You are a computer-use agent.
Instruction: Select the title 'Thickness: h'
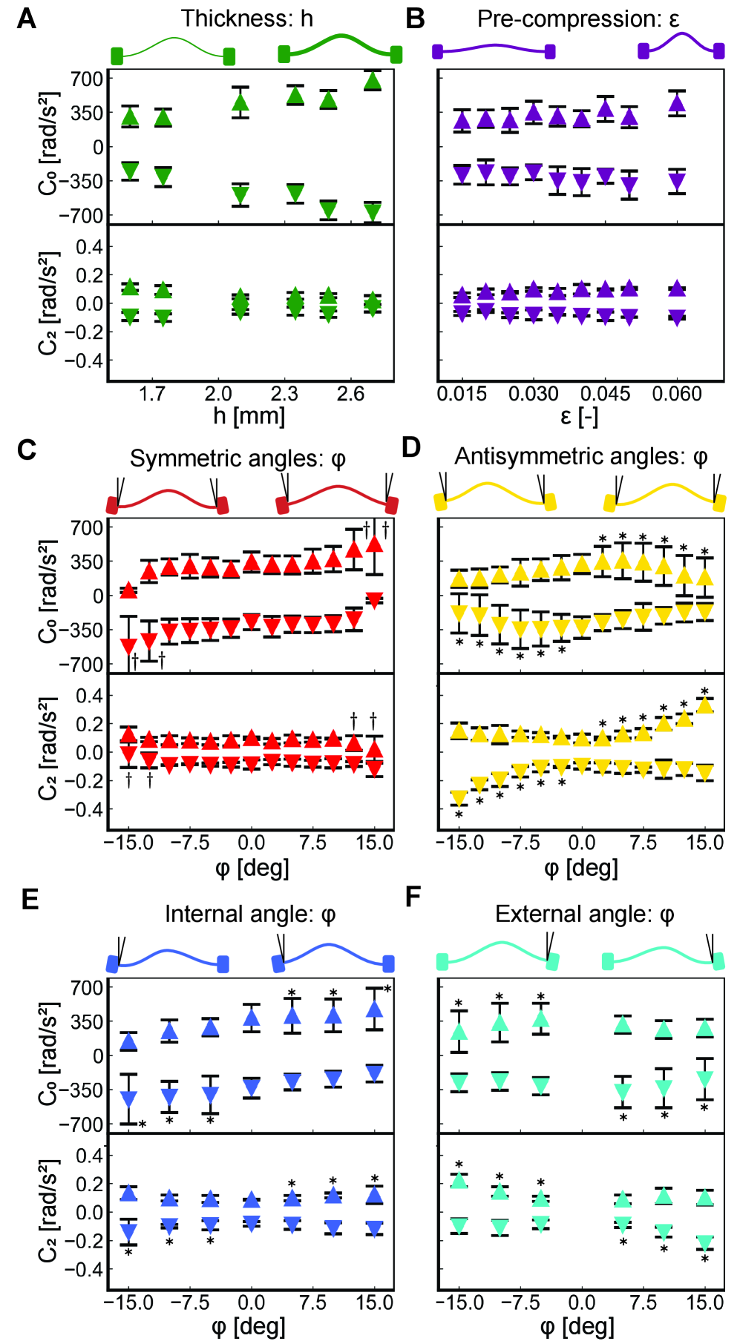247,19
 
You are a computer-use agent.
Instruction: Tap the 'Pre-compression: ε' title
578,19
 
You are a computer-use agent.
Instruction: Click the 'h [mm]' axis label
249,415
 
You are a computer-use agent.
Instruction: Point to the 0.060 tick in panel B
677,393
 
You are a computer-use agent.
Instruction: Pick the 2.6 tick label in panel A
350,393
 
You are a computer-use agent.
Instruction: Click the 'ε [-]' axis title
578,417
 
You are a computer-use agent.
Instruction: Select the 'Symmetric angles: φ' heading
238,458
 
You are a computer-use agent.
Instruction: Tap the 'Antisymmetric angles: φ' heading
581,457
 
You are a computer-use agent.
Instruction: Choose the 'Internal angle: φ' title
250,914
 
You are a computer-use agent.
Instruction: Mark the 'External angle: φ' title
584,914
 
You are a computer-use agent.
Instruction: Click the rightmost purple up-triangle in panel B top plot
677,102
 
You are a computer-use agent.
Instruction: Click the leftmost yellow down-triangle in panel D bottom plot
459,797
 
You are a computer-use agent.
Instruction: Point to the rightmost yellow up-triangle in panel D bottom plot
705,705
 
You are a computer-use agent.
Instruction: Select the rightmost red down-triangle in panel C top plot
375,600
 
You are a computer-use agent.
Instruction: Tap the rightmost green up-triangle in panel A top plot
373,81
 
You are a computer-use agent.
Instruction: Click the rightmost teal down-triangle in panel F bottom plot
705,1242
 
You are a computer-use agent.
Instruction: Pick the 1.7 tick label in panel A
152,393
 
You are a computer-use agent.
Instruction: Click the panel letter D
410,448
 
